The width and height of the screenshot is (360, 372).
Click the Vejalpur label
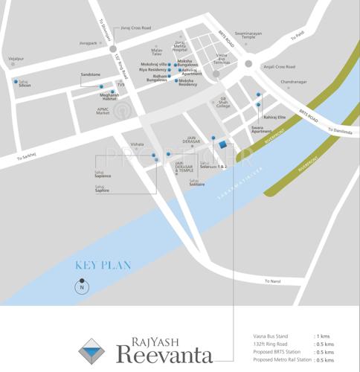tap(16, 56)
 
